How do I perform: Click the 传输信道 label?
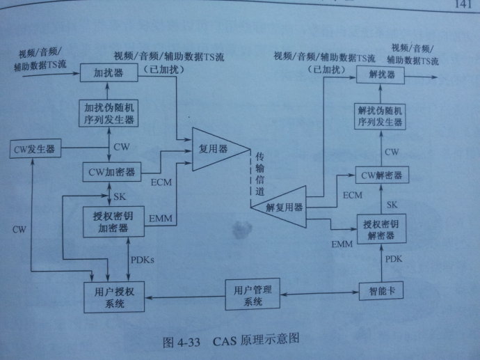pos(260,172)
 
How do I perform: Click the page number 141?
pos(462,6)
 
